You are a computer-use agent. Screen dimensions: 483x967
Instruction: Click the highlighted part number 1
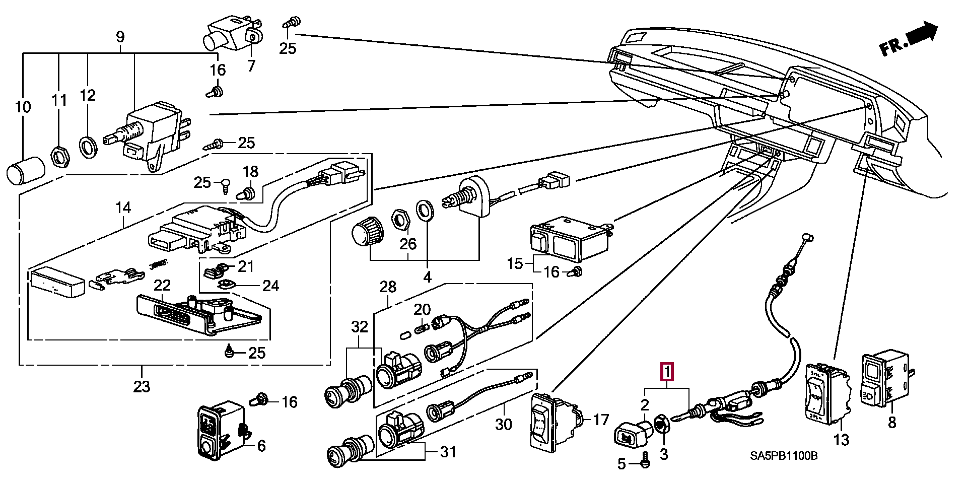tap(666, 373)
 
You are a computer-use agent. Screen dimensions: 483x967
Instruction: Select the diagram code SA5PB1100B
tap(783, 456)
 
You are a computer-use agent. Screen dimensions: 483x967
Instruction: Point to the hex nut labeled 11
tap(59, 158)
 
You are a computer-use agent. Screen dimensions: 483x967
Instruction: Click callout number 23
tap(142, 386)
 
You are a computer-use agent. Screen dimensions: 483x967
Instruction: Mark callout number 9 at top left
tap(120, 36)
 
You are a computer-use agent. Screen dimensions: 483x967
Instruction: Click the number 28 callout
tap(388, 287)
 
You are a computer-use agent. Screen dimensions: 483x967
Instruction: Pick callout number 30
tap(503, 424)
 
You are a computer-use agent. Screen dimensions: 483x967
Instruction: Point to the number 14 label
tap(123, 208)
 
